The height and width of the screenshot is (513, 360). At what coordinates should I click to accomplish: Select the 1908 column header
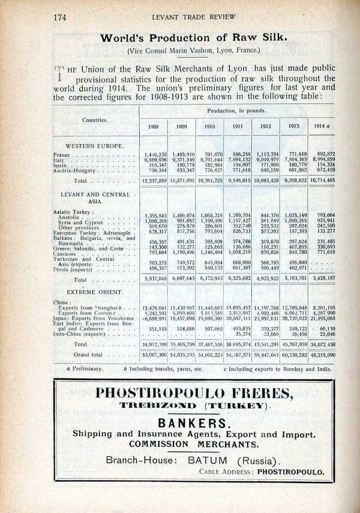click(153, 127)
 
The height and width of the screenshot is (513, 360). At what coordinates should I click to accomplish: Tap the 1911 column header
click(239, 127)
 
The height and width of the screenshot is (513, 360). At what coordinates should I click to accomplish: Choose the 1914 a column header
click(321, 127)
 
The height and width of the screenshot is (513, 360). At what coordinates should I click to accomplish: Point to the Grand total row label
click(89, 355)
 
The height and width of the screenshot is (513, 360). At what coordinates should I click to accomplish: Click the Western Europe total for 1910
click(210, 180)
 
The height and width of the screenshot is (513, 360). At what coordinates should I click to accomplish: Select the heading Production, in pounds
click(236, 111)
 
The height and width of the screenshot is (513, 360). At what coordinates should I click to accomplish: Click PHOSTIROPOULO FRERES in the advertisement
click(194, 394)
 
